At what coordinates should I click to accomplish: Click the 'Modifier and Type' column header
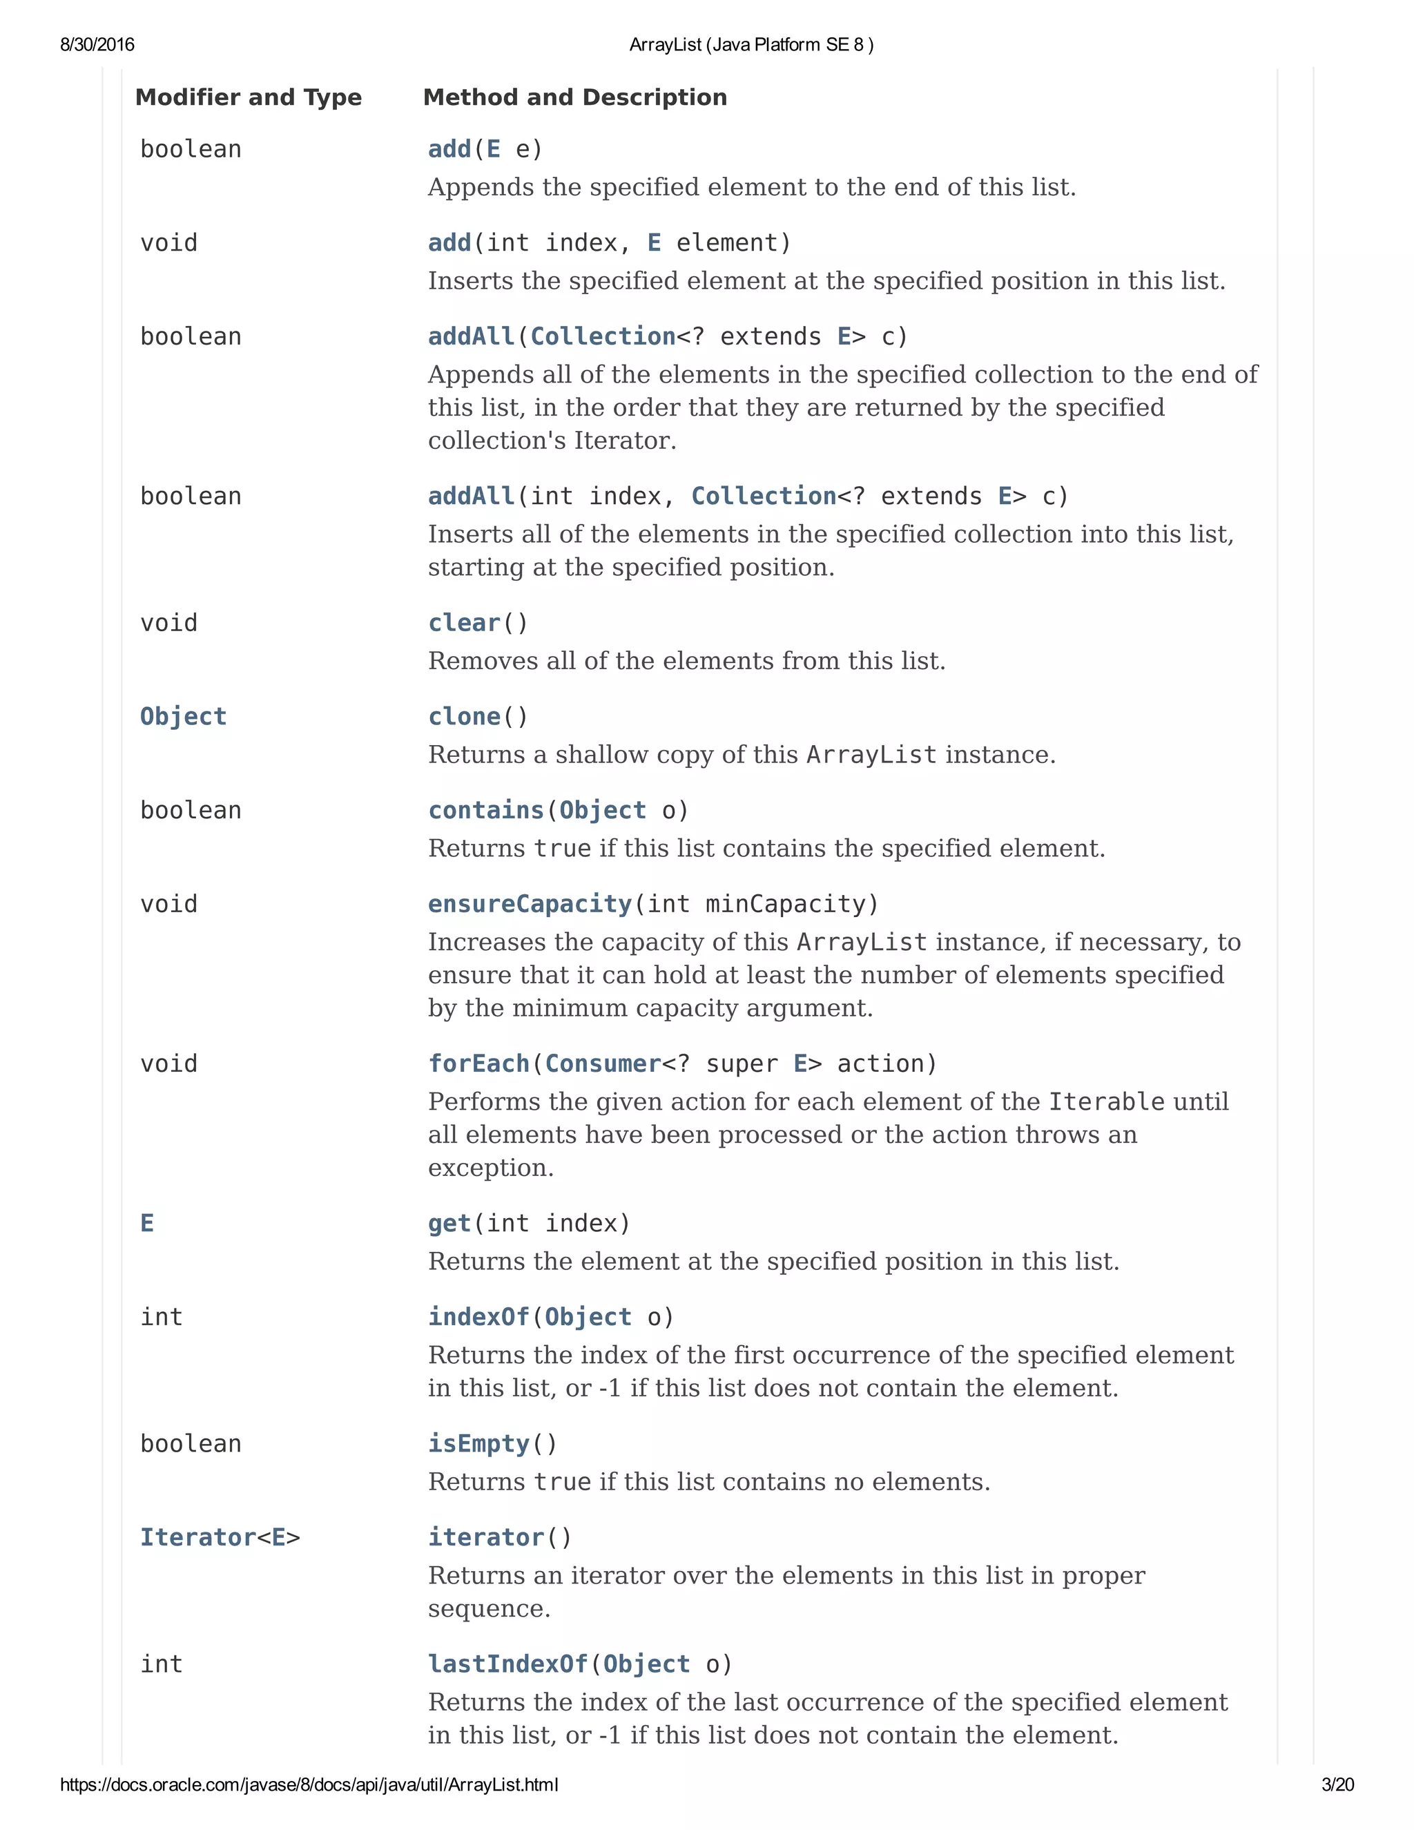coord(248,97)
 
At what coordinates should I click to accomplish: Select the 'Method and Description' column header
coord(574,97)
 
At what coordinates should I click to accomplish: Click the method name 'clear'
coord(464,623)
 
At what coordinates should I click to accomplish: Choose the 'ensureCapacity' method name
coord(530,903)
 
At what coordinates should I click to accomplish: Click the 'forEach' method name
coord(478,1063)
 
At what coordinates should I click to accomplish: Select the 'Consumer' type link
coord(603,1063)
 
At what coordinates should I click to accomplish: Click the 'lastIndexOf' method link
coord(507,1664)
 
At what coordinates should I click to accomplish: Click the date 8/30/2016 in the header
coord(97,44)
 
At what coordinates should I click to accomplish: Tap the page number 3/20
coord(1337,1784)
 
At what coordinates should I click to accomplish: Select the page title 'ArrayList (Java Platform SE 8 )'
coord(751,44)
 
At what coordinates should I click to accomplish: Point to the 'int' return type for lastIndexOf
coord(161,1664)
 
